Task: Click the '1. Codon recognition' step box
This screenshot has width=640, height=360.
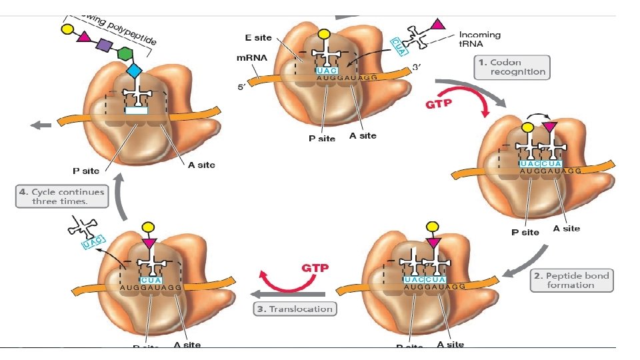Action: tap(512, 67)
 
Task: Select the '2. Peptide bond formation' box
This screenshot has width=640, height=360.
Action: tap(571, 280)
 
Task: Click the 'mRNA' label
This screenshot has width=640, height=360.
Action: tap(252, 58)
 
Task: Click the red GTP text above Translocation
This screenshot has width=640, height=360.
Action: tap(315, 268)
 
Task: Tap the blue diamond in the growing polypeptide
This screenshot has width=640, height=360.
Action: tap(135, 70)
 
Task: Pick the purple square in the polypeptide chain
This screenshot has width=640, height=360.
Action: tap(104, 45)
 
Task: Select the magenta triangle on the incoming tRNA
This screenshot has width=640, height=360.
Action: tap(437, 25)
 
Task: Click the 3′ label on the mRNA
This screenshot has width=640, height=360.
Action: tap(417, 67)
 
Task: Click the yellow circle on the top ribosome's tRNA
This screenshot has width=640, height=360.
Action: tap(323, 34)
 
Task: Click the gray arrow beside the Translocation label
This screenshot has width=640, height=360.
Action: tap(287, 294)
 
